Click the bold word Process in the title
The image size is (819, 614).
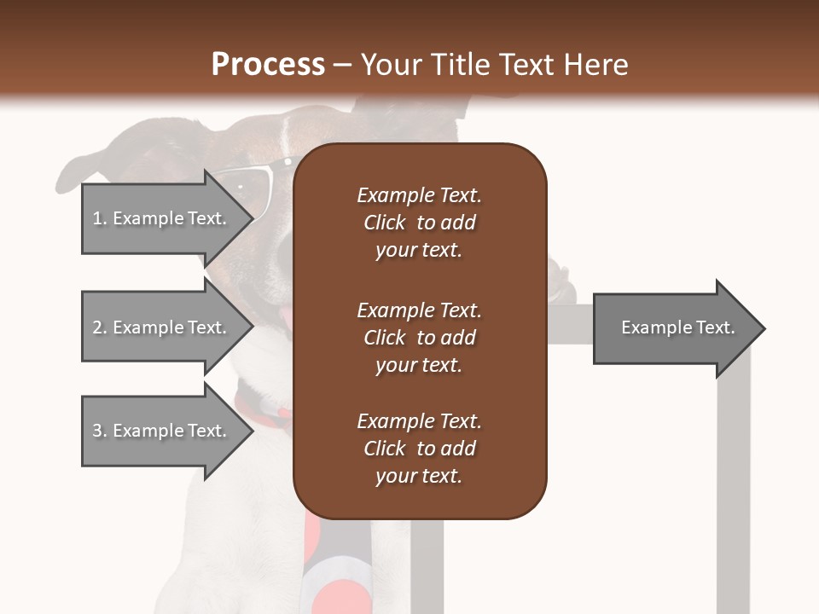pyautogui.click(x=268, y=65)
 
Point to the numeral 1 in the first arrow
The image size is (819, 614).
pyautogui.click(x=97, y=218)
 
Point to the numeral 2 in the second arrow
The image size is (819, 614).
pyautogui.click(x=97, y=327)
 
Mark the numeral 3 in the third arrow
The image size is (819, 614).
pyautogui.click(x=97, y=431)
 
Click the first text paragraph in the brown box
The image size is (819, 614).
pyautogui.click(x=419, y=223)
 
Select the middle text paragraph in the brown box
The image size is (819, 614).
pyautogui.click(x=419, y=338)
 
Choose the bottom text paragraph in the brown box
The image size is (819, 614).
pyautogui.click(x=419, y=449)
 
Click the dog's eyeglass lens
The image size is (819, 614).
pyautogui.click(x=247, y=192)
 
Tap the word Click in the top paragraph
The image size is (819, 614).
pyautogui.click(x=384, y=223)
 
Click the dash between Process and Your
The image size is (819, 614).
pyautogui.click(x=343, y=65)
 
